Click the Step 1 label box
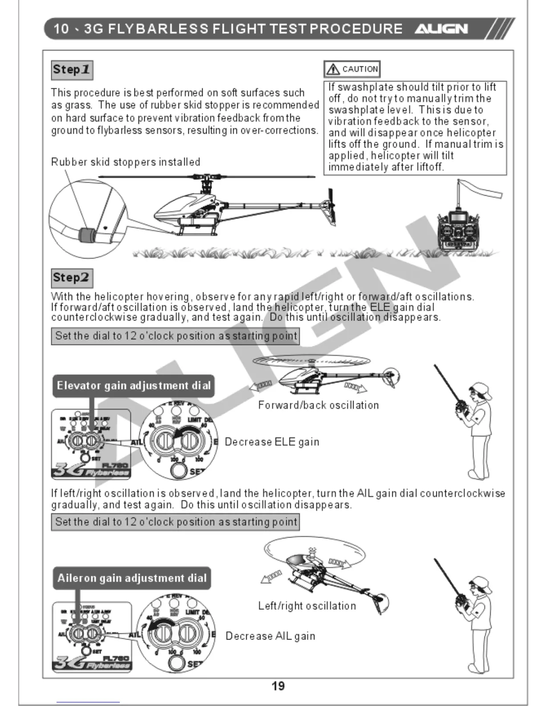(x=72, y=70)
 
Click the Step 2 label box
(x=72, y=278)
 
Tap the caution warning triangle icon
(x=333, y=69)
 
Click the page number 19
(x=278, y=686)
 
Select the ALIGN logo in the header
(x=441, y=29)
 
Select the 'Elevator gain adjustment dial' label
(x=134, y=386)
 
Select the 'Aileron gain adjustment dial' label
(x=132, y=578)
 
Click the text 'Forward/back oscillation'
(x=318, y=405)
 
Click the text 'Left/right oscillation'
(x=307, y=606)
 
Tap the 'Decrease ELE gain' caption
(x=272, y=442)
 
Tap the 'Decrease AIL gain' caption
(x=270, y=636)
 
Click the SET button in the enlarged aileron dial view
(x=177, y=663)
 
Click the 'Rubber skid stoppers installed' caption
(x=126, y=162)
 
